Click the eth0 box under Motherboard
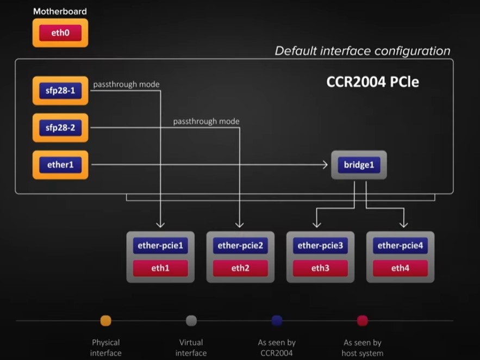tap(60, 33)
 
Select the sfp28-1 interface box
tap(60, 91)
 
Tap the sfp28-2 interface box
tap(60, 128)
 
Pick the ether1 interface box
tap(60, 165)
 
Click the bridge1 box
tap(359, 165)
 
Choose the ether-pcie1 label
tap(160, 246)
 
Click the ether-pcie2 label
tap(240, 246)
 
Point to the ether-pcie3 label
tap(320, 246)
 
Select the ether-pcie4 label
tap(400, 246)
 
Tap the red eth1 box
tap(160, 268)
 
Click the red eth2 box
tap(240, 268)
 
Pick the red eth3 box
tap(320, 268)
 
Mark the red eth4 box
tap(400, 268)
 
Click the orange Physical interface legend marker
tap(106, 321)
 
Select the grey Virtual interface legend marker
tap(191, 321)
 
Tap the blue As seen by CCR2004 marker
tap(277, 321)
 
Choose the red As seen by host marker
tap(363, 321)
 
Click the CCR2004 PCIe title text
tap(372, 82)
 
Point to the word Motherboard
tap(60, 11)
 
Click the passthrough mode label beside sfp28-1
tap(126, 84)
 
